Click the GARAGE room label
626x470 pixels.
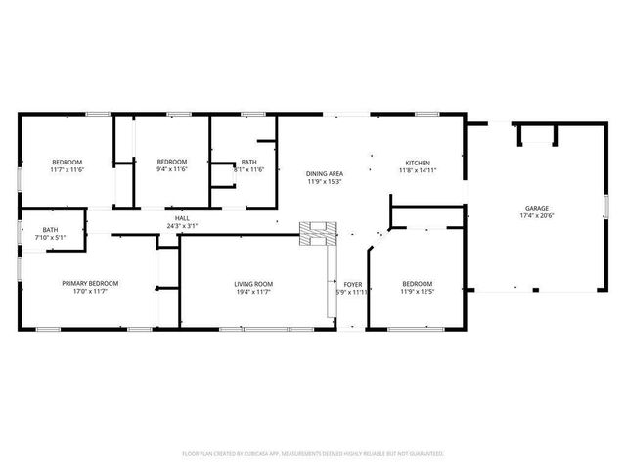[536, 209]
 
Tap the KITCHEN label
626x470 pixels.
[418, 163]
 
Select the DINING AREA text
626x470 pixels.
[325, 173]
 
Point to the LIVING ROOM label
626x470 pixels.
[253, 284]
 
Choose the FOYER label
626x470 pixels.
[352, 284]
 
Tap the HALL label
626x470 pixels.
[182, 218]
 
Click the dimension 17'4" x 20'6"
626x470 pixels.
[536, 216]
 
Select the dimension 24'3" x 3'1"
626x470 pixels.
[182, 226]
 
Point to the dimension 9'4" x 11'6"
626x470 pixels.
[172, 169]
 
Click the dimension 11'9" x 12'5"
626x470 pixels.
[417, 292]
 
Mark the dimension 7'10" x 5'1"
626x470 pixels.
[50, 237]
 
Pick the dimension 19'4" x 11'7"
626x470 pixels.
[253, 292]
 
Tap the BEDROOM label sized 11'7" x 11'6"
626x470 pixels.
[67, 162]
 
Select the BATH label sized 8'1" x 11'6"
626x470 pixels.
[249, 162]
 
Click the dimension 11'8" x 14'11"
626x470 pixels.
[418, 170]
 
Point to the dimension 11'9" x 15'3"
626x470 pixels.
[325, 181]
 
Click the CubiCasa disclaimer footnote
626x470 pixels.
[313, 453]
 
